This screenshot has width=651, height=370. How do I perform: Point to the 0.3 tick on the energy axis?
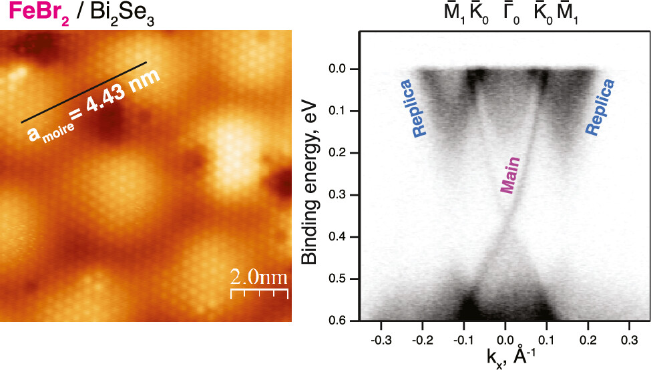tap(343, 195)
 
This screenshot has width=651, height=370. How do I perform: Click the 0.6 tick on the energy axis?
tap(343, 321)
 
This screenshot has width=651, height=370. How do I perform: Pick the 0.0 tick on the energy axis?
tap(343, 69)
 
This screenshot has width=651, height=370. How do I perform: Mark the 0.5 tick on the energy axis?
tap(343, 279)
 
